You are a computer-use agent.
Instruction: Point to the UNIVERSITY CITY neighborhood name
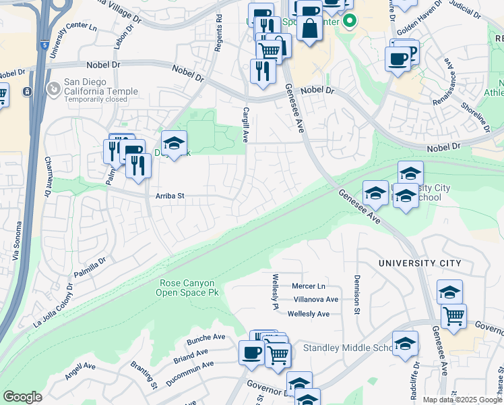click(420, 263)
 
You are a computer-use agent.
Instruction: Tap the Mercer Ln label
click(308, 286)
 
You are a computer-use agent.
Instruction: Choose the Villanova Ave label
click(315, 299)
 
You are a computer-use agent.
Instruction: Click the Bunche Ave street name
click(206, 337)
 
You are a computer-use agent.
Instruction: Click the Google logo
click(22, 397)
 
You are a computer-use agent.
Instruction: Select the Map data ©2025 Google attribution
click(462, 400)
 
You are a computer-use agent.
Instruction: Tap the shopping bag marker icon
click(309, 30)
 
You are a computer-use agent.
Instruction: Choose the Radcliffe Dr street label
click(416, 377)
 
